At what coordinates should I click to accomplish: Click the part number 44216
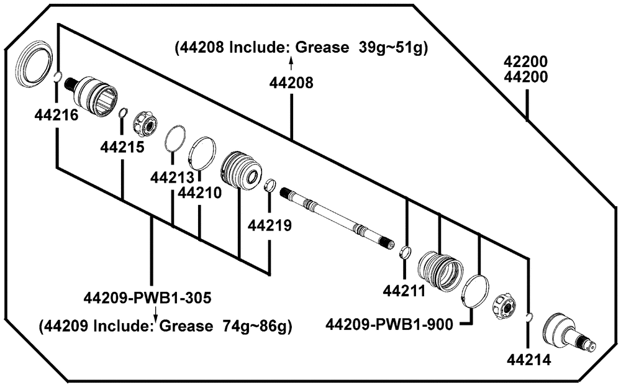(x=57, y=115)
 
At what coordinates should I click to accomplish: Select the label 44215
(x=122, y=147)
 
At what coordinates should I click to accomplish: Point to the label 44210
(x=199, y=193)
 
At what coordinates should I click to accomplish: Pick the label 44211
(x=404, y=290)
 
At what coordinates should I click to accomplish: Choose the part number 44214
(x=528, y=359)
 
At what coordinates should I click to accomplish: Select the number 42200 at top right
(x=527, y=62)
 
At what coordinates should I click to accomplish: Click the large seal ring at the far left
(x=33, y=64)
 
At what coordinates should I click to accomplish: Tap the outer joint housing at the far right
(x=564, y=334)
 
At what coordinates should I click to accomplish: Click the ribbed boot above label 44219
(x=240, y=169)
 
